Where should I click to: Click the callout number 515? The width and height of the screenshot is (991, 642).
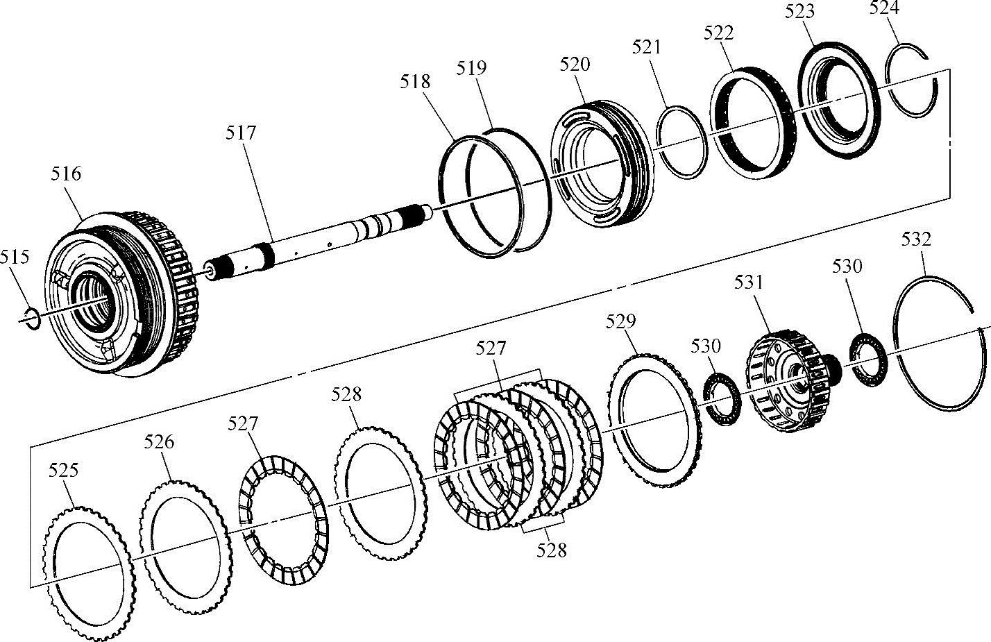(x=15, y=257)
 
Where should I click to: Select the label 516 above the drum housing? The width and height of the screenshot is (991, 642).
(x=67, y=174)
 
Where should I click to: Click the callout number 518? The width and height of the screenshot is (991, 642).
(x=415, y=82)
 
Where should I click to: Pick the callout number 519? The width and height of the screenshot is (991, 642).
(x=472, y=68)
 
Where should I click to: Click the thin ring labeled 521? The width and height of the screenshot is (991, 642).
(x=681, y=142)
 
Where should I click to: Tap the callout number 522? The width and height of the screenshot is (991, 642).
(x=718, y=33)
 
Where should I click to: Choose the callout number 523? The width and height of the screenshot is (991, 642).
(x=799, y=12)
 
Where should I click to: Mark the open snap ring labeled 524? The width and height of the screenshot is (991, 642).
(x=915, y=82)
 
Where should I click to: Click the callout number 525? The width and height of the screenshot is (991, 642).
(x=63, y=471)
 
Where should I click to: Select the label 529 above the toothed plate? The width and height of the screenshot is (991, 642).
(x=620, y=321)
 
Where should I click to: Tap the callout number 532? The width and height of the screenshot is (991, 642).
(x=916, y=239)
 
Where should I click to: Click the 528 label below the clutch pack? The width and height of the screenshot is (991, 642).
(x=552, y=550)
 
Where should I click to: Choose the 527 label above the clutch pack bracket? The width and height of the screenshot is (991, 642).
(x=491, y=348)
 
